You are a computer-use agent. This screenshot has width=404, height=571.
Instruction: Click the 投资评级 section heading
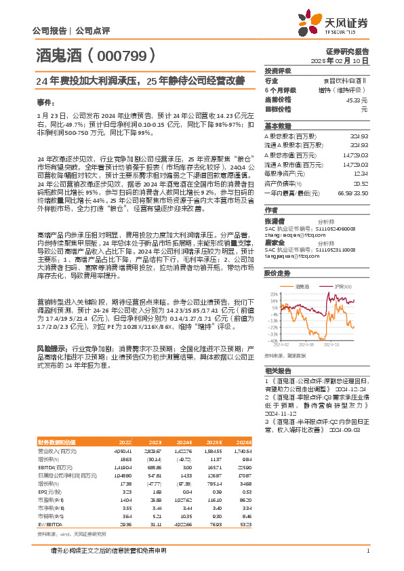[277, 71]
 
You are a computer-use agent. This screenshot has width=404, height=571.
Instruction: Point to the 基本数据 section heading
[277, 127]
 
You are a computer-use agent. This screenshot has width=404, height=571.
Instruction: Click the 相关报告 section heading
[277, 371]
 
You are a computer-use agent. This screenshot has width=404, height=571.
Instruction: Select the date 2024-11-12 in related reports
[280, 412]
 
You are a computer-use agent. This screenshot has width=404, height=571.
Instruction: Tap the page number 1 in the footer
[367, 551]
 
